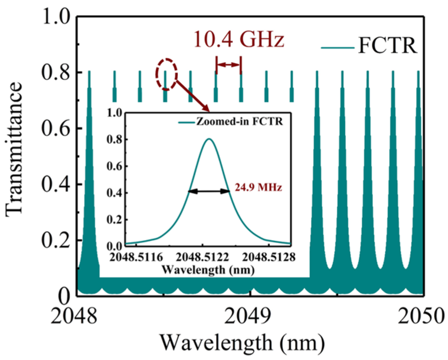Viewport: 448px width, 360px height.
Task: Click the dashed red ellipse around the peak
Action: pos(167,74)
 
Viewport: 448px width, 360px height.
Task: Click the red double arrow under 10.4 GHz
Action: pos(228,65)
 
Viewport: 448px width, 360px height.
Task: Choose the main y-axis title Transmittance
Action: pos(14,149)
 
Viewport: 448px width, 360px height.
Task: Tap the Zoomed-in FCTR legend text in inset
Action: pos(239,121)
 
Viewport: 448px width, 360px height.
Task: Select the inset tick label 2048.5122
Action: pos(202,257)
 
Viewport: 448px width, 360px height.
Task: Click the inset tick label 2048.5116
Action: pos(137,257)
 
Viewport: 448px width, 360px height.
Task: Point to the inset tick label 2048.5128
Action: pos(269,257)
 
